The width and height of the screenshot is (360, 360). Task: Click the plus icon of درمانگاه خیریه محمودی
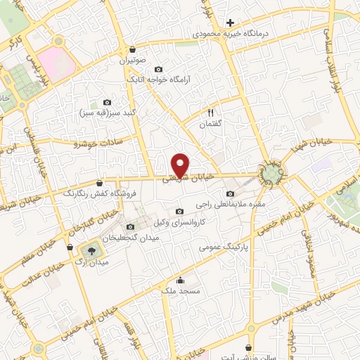[229, 22]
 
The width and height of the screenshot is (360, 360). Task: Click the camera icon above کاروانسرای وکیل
[179, 212]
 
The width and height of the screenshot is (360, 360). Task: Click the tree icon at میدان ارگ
[90, 250]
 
